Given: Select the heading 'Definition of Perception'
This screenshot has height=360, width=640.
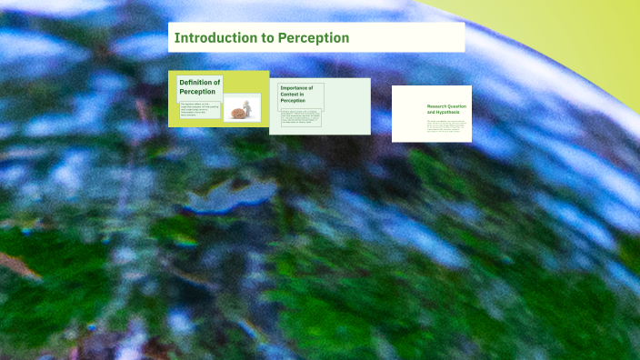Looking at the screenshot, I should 199,86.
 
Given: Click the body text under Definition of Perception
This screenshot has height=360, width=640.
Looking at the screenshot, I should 199,110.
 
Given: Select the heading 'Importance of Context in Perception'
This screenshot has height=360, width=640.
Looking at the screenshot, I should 297,94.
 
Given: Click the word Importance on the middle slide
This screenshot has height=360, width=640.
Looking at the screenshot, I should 296,87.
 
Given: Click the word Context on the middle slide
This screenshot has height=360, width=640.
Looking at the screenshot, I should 291,94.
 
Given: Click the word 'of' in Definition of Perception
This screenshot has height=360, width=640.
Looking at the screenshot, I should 216,82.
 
